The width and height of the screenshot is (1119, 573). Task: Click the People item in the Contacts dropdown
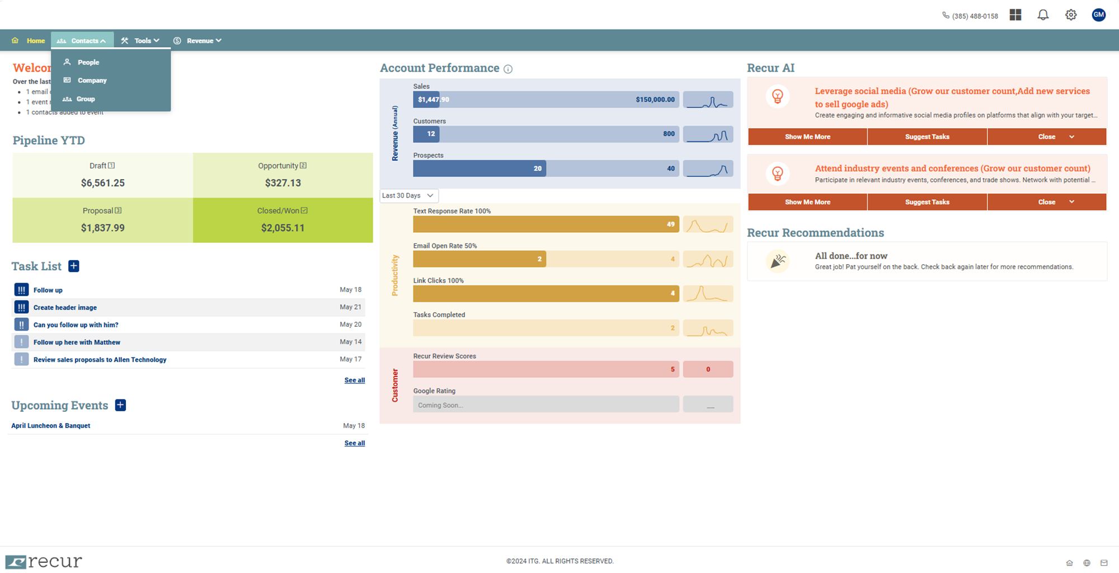[x=88, y=62]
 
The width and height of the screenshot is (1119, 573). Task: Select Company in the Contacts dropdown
[x=92, y=81]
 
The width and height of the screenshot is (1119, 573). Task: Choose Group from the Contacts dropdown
[x=85, y=99]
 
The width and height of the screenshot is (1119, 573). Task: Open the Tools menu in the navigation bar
[x=142, y=41]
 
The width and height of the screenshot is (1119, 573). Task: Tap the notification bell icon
[x=1043, y=15]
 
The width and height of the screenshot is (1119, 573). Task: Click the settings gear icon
[x=1070, y=15]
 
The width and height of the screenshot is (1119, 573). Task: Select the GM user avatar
[x=1098, y=15]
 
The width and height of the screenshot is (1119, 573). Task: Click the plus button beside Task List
[x=74, y=266]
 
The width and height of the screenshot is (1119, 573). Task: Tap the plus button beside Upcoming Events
[x=120, y=405]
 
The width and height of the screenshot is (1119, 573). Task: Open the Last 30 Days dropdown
[x=408, y=196]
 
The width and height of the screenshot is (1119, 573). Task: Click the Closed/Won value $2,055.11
[x=283, y=228]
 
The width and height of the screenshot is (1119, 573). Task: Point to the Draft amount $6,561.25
[x=103, y=183]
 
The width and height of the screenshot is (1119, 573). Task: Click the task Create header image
[x=65, y=308]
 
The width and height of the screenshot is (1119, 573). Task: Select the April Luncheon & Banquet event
[x=51, y=426]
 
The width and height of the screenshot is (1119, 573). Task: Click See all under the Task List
[x=354, y=381]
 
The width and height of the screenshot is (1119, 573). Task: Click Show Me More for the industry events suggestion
[x=807, y=202]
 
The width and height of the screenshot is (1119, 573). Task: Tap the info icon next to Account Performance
[x=508, y=69]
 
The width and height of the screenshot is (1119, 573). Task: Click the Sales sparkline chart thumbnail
[x=708, y=100]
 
